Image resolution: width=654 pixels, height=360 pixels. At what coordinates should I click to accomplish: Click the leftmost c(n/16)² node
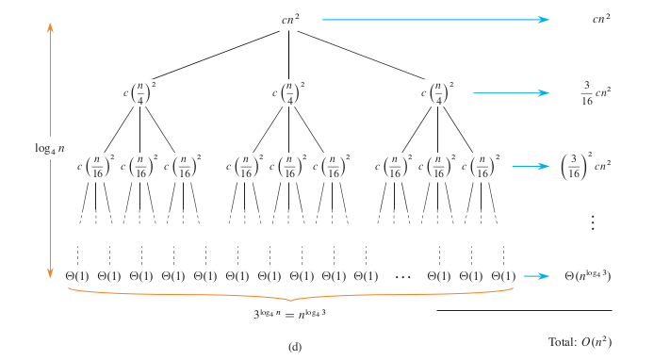point(95,167)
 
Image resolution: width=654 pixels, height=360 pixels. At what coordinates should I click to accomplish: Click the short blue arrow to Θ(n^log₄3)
point(537,276)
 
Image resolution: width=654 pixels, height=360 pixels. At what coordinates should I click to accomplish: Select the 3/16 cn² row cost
point(596,92)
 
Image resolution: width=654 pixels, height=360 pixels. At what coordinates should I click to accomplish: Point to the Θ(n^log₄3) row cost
point(587,275)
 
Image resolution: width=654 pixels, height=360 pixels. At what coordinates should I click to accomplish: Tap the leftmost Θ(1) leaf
point(76,276)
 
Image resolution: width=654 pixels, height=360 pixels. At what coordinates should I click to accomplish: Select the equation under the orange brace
point(290,310)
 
